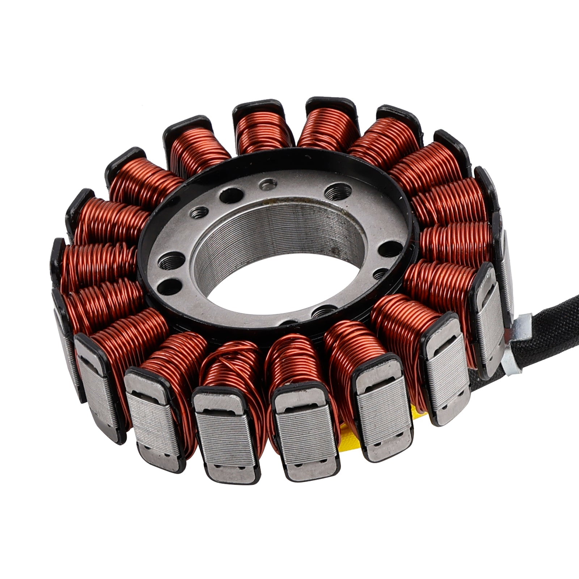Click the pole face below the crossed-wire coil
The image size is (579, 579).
tap(226, 434)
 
